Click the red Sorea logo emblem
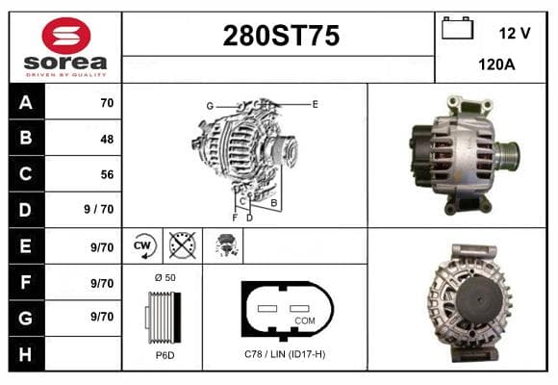tap(66, 36)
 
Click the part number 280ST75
tap(281, 36)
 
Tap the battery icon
tap(457, 28)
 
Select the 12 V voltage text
tap(515, 34)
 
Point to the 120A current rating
tap(496, 64)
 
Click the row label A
tap(26, 103)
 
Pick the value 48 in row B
tap(107, 139)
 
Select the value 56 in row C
tap(107, 174)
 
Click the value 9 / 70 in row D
tap(99, 209)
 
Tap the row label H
tap(25, 354)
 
